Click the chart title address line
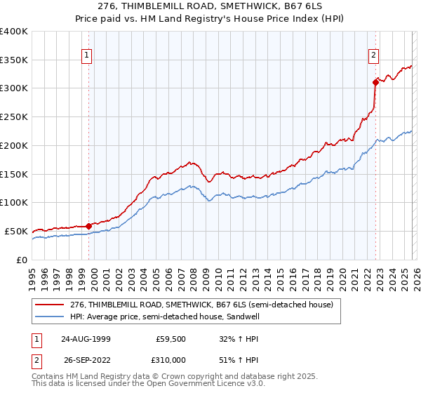210,6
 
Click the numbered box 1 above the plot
88,55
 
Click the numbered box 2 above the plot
374,55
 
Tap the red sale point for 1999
89,226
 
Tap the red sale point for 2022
376,82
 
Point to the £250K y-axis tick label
14,117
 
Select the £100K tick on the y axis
14,203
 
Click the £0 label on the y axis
21,260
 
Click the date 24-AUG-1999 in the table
86,338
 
